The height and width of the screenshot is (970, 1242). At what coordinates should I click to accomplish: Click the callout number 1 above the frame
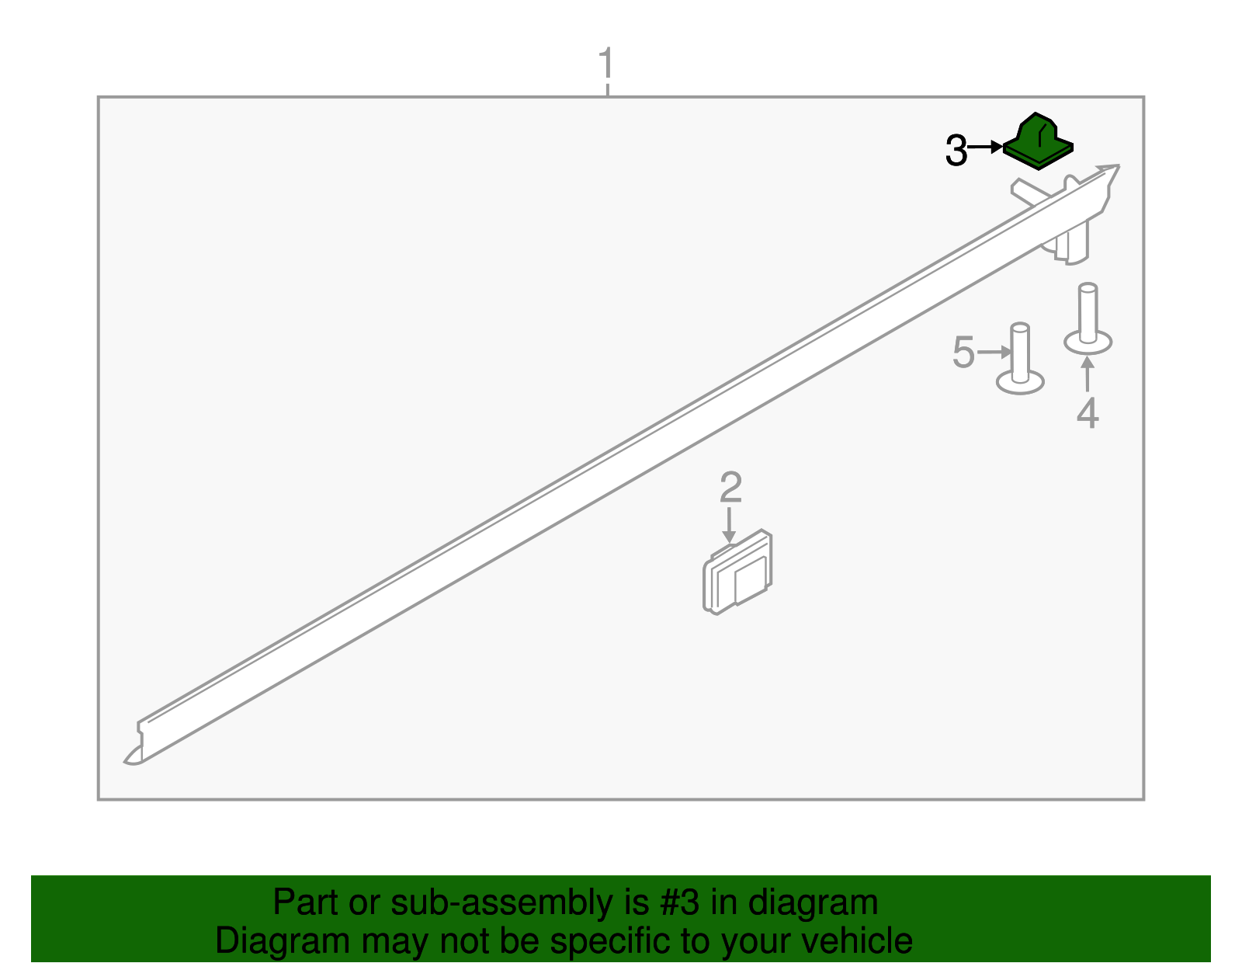[x=606, y=63]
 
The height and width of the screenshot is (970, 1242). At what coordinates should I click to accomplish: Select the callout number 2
[x=730, y=487]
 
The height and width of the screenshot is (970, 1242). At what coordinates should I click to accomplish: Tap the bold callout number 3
[x=956, y=151]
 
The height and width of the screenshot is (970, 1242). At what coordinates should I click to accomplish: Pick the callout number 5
[x=963, y=352]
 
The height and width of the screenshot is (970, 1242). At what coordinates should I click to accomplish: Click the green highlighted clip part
[x=1038, y=142]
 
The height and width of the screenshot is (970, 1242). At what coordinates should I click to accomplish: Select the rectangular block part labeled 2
[x=737, y=572]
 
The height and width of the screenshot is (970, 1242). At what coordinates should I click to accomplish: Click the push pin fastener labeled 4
[x=1088, y=320]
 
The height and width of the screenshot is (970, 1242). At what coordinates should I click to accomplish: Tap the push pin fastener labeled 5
[x=1020, y=359]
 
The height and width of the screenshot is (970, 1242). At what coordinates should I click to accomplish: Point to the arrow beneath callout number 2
[x=729, y=525]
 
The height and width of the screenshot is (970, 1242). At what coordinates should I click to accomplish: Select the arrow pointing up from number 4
[x=1088, y=374]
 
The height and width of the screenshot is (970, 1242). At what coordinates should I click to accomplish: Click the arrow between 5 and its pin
[x=994, y=352]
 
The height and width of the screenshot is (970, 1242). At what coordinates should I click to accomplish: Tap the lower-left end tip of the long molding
[x=125, y=762]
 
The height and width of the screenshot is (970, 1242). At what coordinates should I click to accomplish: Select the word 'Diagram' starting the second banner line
[x=283, y=941]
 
